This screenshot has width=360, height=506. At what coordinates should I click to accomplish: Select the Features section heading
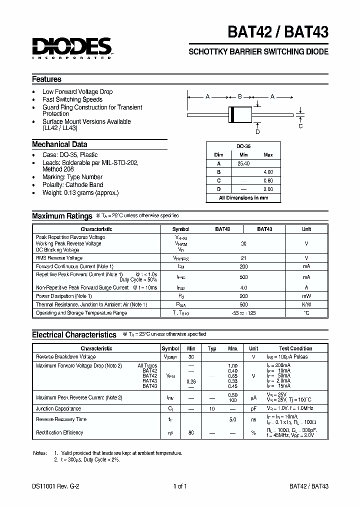coord(46,79)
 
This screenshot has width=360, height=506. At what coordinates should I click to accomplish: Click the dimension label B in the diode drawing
coord(240,96)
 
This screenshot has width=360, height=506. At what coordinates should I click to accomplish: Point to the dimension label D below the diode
coord(257,132)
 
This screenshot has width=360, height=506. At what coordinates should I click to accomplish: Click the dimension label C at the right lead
coord(300,126)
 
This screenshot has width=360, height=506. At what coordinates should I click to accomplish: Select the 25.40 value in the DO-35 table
coord(243,163)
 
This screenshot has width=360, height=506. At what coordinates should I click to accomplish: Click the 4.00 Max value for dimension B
coord(268,171)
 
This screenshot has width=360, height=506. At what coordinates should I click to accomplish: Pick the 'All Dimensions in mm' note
coord(243,197)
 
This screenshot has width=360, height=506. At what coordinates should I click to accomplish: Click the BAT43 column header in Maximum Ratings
coord(264,229)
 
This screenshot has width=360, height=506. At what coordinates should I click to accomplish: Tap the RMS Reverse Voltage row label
coord(59,258)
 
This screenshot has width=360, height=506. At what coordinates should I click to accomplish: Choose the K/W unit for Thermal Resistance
coord(306,304)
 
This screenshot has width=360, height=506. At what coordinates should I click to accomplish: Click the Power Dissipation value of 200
coord(243,296)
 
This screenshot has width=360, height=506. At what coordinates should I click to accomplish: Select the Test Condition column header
coord(295,348)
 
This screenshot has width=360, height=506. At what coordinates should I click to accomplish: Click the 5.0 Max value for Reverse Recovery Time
coord(232,419)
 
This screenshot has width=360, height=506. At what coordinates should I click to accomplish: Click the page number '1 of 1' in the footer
coord(179,486)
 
